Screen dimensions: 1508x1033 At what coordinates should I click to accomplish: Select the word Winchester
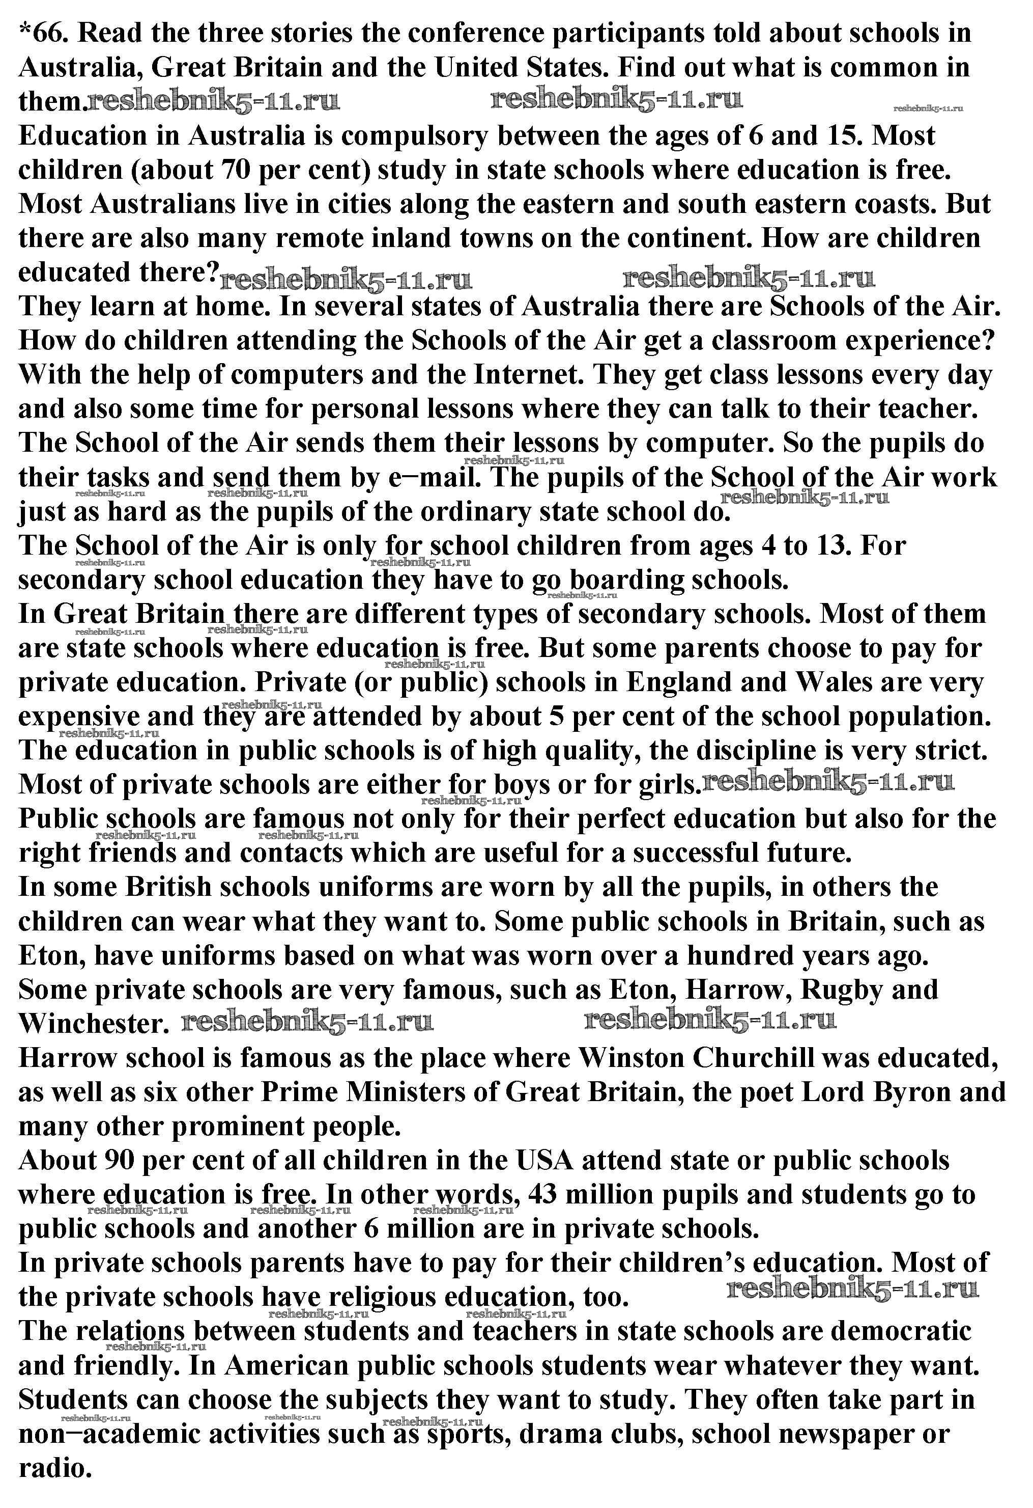tap(90, 1025)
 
